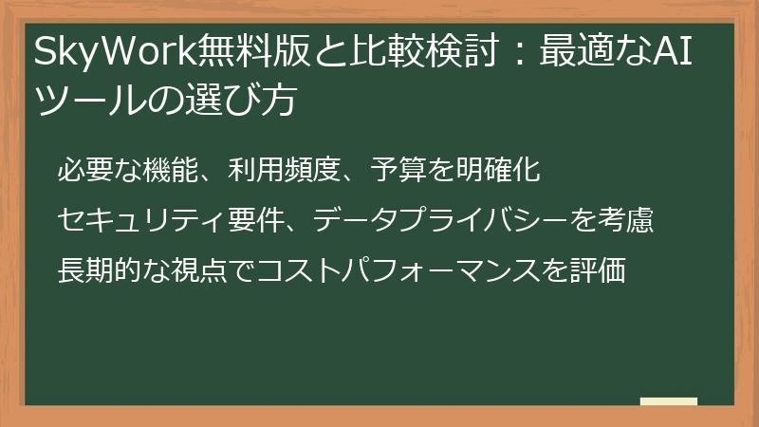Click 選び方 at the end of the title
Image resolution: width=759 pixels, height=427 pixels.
[250, 100]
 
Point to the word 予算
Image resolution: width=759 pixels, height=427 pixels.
[392, 171]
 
